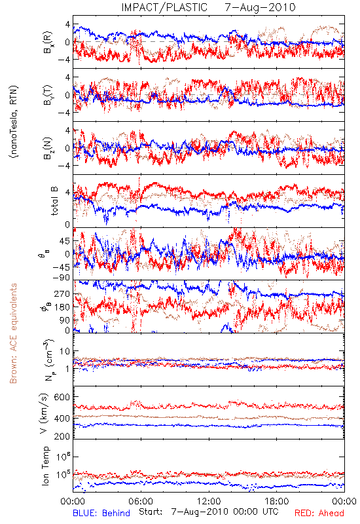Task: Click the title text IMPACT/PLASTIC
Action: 164,7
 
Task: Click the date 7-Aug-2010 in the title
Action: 260,7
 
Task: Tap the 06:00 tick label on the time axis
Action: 141,501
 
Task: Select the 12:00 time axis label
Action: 209,501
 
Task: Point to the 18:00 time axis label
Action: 276,501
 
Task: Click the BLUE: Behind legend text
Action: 101,513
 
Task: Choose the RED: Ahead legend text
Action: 319,513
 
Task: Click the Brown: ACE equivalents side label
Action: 13,333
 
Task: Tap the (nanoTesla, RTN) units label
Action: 14,122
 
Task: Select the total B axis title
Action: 54,201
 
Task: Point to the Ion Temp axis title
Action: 45,466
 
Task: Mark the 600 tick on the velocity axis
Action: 62,397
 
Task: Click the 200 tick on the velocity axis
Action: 62,436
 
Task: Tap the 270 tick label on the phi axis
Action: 62,293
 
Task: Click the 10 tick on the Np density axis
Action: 65,351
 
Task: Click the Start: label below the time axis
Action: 151,512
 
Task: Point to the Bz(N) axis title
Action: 48,148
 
